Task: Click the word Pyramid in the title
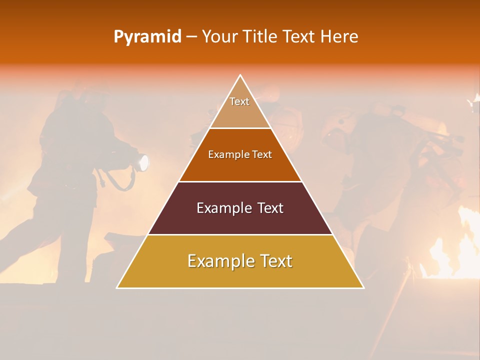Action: coord(147,37)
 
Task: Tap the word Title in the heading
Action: coord(260,37)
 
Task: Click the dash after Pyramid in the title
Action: coord(191,37)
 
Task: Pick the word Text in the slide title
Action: coord(299,37)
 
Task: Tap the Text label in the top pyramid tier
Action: coord(239,101)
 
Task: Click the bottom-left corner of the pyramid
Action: coord(117,287)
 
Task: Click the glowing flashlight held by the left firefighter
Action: coord(143,162)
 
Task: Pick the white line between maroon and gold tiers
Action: coord(240,234)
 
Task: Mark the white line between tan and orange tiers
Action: coord(240,128)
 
